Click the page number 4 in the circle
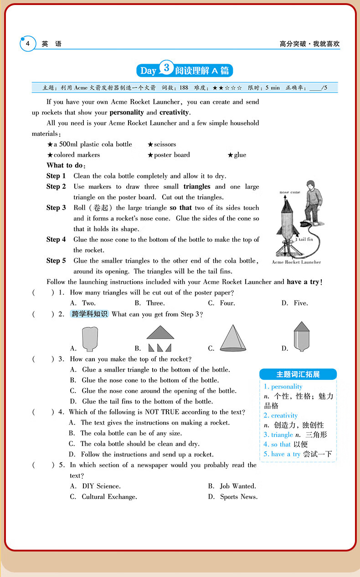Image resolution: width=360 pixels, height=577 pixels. coord(28,44)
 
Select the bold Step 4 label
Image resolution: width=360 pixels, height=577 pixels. coord(56,240)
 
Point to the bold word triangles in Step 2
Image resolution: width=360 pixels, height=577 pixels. coord(197,187)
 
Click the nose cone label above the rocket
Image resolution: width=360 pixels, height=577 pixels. coord(290,193)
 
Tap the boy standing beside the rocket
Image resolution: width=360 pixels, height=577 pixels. coord(312,200)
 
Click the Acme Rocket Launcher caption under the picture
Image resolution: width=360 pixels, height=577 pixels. coord(296,262)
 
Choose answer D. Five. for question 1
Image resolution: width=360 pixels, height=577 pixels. coord(295,303)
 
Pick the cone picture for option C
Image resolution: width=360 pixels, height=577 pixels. coord(233,338)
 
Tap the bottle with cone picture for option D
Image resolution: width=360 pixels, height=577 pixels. coord(301,337)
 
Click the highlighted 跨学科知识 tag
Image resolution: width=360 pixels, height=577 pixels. coord(90,314)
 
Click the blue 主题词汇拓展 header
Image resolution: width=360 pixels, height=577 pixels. coord(298,374)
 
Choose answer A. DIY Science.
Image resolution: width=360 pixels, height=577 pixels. coord(95,486)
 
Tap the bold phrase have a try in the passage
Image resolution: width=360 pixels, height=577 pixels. coord(303,282)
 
